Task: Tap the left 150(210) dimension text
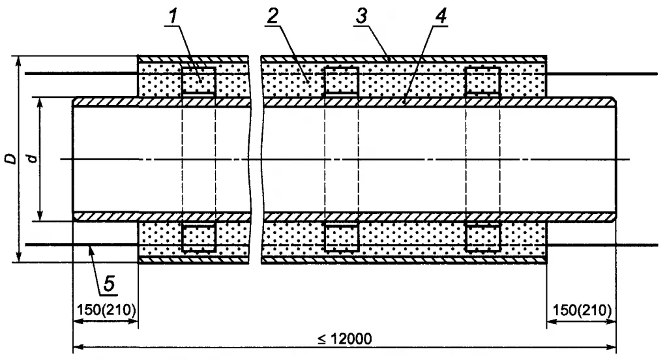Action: pos(104,308)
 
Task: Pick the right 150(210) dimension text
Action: pos(581,308)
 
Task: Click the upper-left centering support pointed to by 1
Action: pos(199,82)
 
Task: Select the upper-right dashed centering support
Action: pos(483,82)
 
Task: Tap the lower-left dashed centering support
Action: pos(199,237)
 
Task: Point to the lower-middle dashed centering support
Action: pos(341,237)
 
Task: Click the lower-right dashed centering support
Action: pos(483,237)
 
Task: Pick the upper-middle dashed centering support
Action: pos(341,82)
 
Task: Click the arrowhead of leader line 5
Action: pos(91,248)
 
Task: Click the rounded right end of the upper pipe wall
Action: pos(613,102)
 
